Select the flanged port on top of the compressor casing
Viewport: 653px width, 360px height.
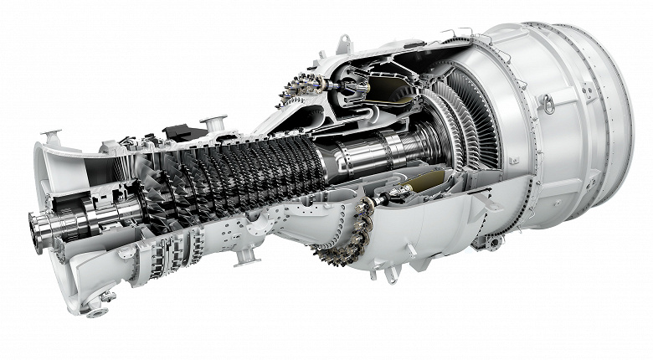213,122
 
